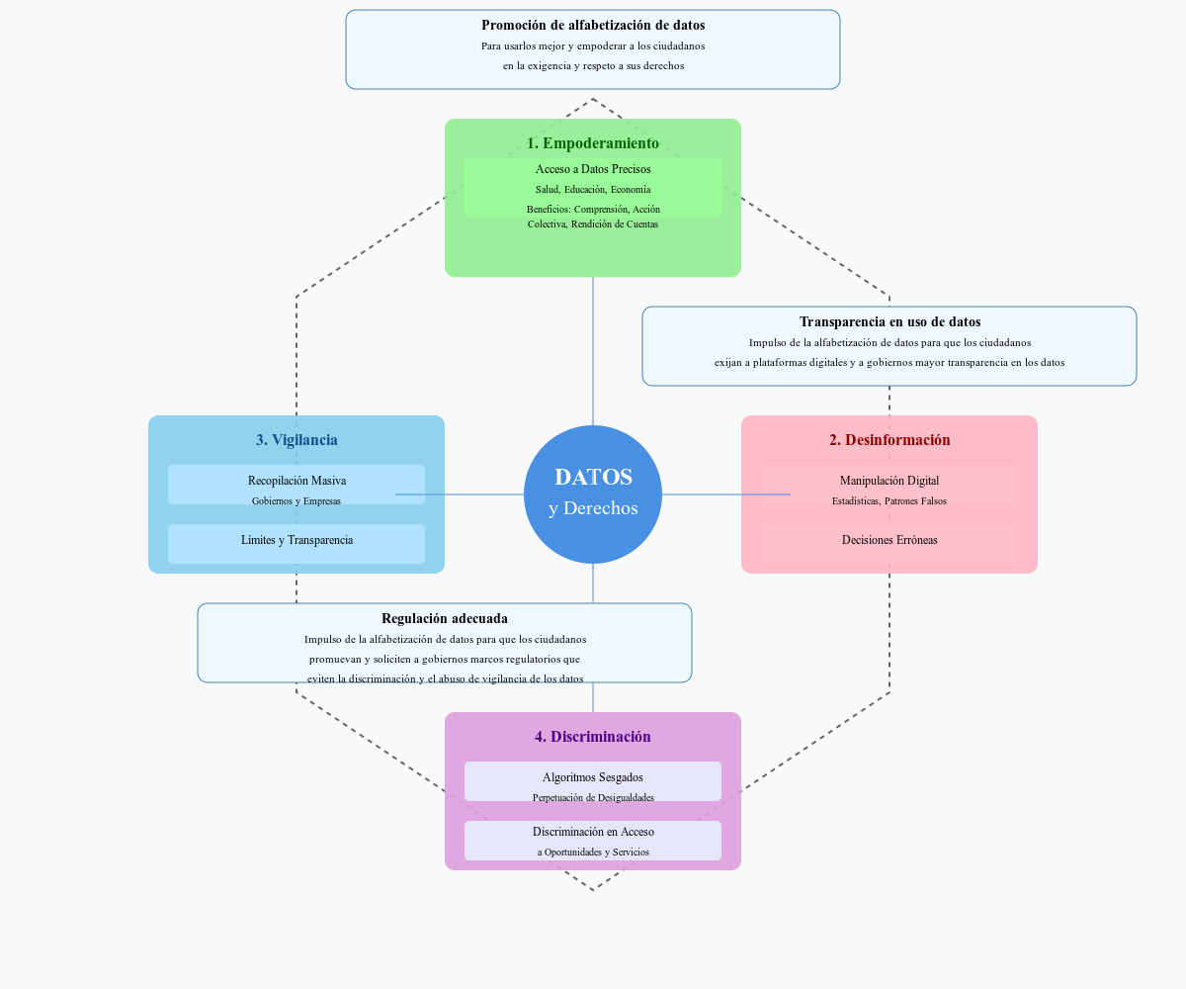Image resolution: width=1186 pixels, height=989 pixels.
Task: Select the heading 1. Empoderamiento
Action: tap(593, 143)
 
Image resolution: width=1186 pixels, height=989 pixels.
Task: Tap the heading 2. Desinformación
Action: tap(889, 440)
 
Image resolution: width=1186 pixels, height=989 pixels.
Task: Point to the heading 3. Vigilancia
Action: tap(296, 440)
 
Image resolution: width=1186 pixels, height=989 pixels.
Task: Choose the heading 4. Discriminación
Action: tap(593, 737)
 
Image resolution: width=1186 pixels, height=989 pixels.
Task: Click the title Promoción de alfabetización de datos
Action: tap(593, 25)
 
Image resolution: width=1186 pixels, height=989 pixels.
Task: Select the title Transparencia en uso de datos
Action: tap(889, 321)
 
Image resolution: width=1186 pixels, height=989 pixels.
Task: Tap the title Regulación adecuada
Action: tap(445, 618)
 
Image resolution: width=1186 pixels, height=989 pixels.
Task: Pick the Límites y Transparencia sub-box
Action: tap(296, 543)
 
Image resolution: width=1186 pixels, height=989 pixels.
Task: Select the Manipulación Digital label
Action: tap(889, 481)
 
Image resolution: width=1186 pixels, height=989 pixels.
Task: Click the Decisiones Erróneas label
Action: tap(889, 540)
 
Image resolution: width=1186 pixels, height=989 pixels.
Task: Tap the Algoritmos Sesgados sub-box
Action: tap(593, 777)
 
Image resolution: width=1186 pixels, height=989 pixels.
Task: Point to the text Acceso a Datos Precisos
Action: tap(593, 169)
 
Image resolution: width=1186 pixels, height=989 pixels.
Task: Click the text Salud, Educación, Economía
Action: tap(593, 189)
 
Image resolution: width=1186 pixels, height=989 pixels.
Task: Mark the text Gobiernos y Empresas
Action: tap(296, 501)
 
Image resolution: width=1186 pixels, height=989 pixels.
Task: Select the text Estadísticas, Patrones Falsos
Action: tap(889, 501)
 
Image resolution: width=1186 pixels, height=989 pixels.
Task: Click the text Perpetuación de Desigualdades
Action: tap(593, 797)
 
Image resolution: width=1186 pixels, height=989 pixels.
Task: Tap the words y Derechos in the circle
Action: tap(593, 508)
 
